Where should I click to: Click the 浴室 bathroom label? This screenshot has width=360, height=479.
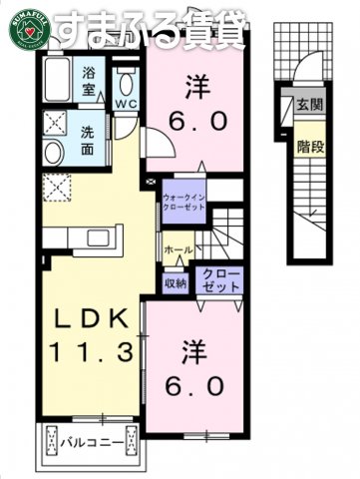coord(91,81)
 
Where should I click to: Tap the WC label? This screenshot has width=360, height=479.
coord(127,103)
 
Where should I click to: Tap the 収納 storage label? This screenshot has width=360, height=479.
coord(176,283)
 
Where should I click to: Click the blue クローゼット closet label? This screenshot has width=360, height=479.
coord(220,278)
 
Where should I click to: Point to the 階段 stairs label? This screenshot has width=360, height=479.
coord(309,147)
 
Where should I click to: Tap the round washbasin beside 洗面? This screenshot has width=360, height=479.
coord(54,153)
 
